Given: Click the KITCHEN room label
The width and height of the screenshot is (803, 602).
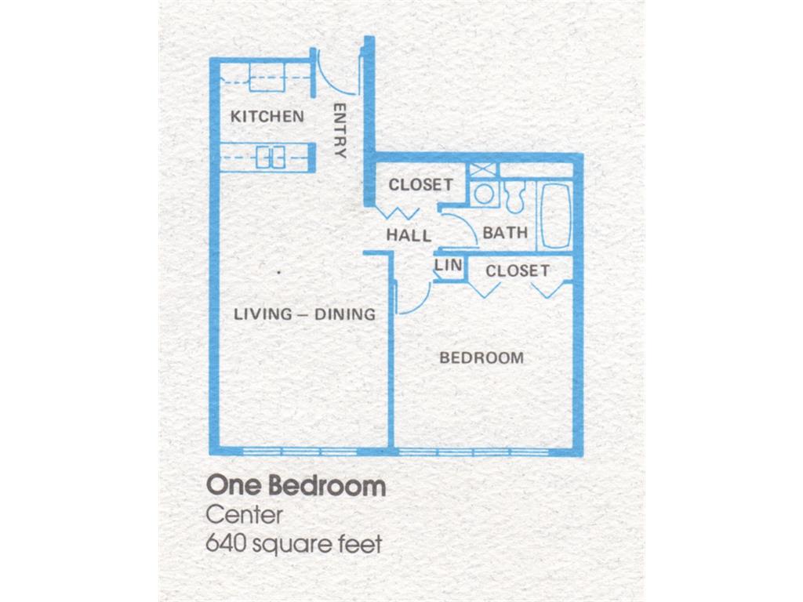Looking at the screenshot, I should click(x=267, y=117).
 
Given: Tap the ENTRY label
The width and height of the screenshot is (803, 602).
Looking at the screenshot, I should click(x=340, y=130).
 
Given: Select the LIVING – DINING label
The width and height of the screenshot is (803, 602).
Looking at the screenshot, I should click(x=305, y=314).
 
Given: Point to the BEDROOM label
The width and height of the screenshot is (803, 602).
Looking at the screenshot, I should click(x=481, y=358).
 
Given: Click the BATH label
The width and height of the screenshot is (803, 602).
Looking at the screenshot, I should click(x=505, y=233).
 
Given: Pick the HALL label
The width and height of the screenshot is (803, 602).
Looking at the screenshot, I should click(x=409, y=235).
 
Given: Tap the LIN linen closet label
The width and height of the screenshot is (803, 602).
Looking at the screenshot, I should click(x=448, y=266).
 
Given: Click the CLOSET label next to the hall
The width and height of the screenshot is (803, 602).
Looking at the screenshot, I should click(x=420, y=185).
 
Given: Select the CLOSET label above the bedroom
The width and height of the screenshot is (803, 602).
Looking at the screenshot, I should click(x=517, y=271).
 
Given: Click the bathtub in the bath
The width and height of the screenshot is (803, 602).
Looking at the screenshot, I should click(x=555, y=216).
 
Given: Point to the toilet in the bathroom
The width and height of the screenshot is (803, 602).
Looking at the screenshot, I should click(x=514, y=197).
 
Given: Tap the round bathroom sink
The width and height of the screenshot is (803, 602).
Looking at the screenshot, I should click(x=484, y=194).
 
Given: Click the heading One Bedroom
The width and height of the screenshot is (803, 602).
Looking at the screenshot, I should click(x=296, y=486).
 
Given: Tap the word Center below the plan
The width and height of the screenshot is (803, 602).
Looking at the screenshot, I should click(x=244, y=516).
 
